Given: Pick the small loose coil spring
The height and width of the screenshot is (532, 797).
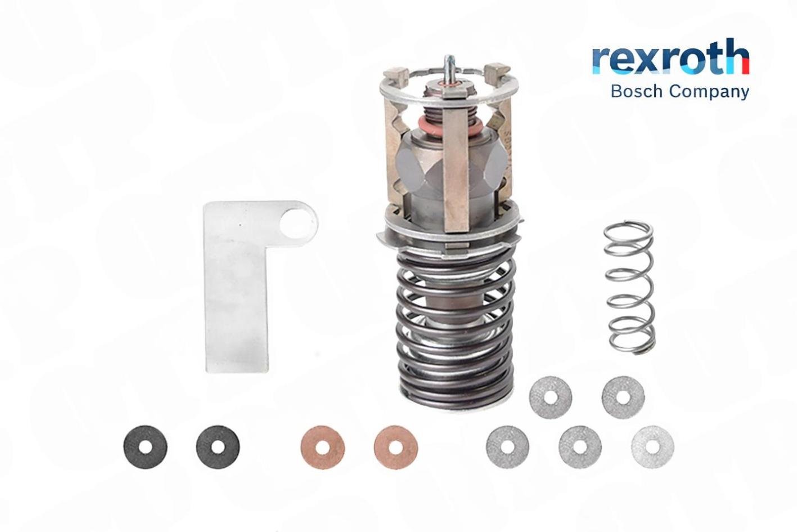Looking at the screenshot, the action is click(629, 288).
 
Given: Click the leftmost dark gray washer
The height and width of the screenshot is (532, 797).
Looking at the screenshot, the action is click(146, 447).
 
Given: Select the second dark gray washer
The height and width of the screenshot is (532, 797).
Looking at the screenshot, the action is click(218, 447).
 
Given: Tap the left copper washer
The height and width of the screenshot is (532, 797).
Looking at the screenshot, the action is click(322, 447).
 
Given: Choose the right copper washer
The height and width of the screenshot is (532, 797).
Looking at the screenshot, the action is click(395, 447).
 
